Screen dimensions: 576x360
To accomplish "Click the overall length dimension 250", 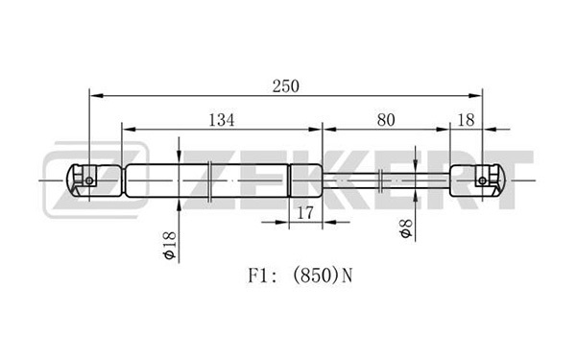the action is [286, 86].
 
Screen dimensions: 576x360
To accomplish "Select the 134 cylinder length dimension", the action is [221, 120].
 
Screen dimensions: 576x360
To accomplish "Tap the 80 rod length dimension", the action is [386, 120].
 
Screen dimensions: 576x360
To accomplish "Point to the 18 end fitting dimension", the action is [466, 120].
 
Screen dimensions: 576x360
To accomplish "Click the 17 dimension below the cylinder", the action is [305, 213].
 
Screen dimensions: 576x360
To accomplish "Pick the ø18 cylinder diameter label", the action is [170, 246].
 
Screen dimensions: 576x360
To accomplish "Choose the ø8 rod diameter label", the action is [406, 228].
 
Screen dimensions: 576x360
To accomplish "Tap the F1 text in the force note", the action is [256, 276].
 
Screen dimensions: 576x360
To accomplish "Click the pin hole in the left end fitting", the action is [89, 180].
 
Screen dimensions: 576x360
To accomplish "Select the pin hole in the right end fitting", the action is [482, 180].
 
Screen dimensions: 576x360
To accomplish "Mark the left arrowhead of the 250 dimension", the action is [96, 95].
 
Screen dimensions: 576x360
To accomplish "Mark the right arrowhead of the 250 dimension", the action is [475, 95].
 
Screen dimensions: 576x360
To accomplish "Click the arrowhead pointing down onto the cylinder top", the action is [179, 157].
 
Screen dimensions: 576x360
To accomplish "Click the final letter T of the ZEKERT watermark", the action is [507, 180].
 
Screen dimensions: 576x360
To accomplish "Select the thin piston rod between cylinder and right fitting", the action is [386, 180].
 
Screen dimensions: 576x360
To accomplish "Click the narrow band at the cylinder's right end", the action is [289, 180].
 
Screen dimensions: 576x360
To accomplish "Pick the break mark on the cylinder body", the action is [209, 180].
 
